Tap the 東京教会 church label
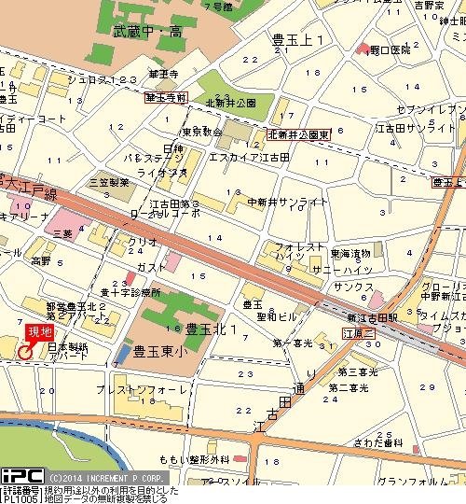click(x=201, y=133)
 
